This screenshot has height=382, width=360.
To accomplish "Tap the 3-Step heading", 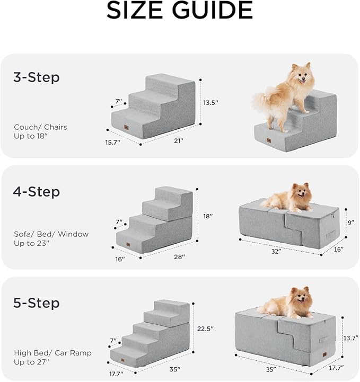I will coord(36,77).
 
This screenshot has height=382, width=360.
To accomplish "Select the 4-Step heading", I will coord(36,191).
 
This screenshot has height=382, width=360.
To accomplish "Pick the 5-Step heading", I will coord(36,304).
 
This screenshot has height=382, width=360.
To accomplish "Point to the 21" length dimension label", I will coord(178,141).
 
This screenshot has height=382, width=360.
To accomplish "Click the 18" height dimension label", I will coord(208,216).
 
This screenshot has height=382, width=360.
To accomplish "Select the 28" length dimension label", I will coord(179,257).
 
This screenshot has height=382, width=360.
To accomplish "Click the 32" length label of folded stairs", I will coord(276,252).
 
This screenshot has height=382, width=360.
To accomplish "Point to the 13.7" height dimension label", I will coord(350,338).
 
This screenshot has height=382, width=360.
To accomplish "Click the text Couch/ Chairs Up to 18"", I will coord(40,132).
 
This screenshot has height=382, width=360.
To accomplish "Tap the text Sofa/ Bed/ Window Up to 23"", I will coord(51,238).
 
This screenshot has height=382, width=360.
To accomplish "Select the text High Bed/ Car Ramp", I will coord(52,353).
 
